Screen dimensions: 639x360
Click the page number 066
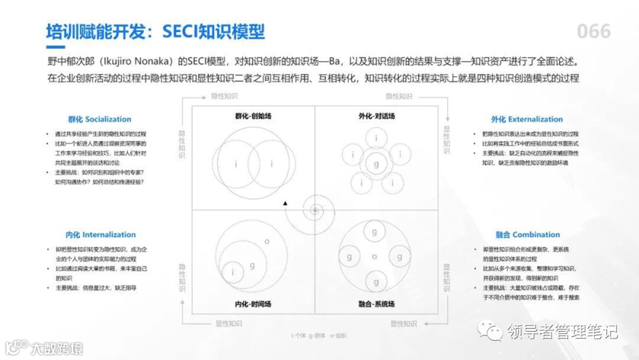tap(593, 31)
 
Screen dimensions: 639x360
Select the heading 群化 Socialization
tap(99, 119)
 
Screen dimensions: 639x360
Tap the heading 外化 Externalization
tap(527, 119)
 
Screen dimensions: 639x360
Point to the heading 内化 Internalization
tap(101, 234)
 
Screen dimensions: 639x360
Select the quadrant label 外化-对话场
tap(376, 116)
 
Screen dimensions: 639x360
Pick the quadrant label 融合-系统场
tap(376, 304)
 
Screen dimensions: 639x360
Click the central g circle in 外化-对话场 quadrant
tap(375, 164)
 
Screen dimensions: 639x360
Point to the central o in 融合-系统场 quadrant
tap(375, 256)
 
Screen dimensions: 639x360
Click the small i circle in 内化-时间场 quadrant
tap(234, 272)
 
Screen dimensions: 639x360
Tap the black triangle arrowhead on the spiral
tap(285, 203)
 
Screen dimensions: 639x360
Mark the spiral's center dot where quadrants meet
tap(315, 210)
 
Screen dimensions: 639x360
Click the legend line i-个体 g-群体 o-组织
tap(319, 336)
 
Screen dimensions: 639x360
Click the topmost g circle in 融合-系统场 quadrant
tap(375, 232)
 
